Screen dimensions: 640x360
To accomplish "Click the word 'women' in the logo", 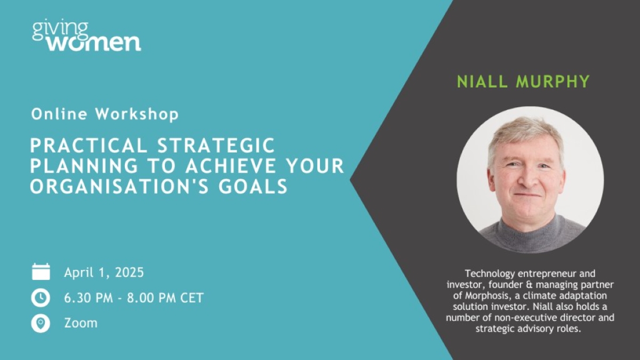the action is coord(94,43).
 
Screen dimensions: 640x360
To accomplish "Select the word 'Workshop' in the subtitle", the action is coord(137,114).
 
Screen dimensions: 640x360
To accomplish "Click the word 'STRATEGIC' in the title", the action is coord(216,146).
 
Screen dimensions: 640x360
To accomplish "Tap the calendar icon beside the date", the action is coord(41,271).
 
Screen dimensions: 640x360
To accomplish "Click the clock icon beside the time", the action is coord(41,298).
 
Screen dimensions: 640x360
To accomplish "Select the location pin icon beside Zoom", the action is coord(41,324).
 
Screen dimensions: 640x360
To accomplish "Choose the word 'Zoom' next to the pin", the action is coord(81,323).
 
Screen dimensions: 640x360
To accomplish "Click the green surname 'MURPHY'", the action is coord(553,82).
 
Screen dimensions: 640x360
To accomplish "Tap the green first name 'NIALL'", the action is coord(482,82).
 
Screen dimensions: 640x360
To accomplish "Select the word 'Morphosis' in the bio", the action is coord(486,295).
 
